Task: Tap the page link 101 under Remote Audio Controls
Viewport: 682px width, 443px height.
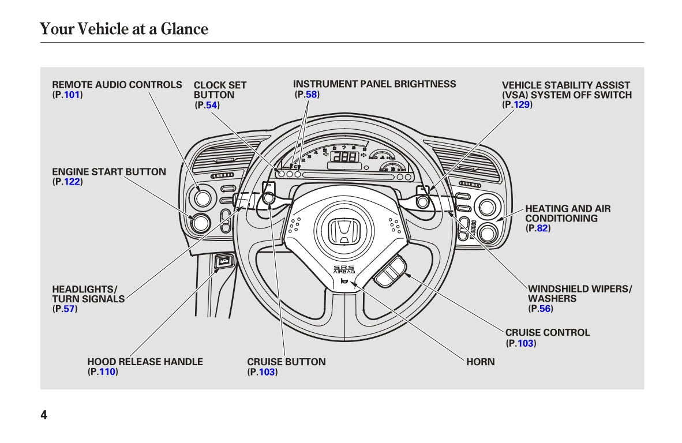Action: [x=72, y=95]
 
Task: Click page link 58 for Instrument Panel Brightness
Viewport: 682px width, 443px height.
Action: [x=311, y=94]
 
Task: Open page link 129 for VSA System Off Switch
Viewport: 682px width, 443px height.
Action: [x=522, y=104]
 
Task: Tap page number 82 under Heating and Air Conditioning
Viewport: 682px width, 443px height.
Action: [x=542, y=228]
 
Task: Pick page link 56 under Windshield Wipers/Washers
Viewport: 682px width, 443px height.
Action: [x=545, y=309]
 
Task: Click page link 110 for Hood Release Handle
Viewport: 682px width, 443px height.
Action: [x=107, y=372]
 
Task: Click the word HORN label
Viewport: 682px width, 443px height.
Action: [x=480, y=362]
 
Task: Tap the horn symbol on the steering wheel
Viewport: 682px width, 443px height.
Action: [x=344, y=281]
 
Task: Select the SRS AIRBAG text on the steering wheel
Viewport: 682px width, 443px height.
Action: [x=344, y=269]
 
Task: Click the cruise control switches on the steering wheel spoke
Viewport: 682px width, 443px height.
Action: [x=390, y=271]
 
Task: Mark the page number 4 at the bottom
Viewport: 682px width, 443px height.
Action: [x=44, y=415]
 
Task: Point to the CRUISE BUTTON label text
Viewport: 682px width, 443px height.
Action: [x=286, y=362]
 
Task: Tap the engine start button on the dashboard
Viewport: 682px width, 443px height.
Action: [x=200, y=223]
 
